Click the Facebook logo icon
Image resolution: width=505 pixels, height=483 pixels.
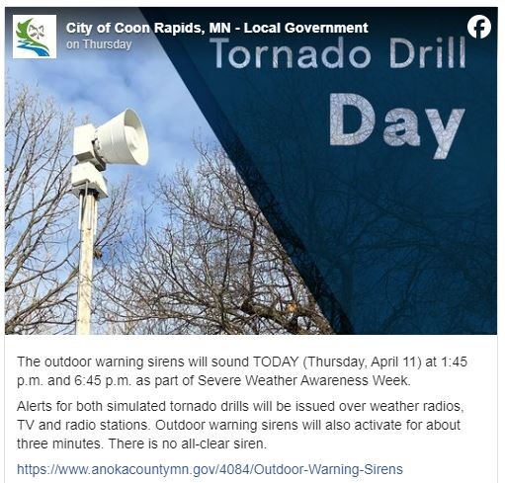click(x=479, y=27)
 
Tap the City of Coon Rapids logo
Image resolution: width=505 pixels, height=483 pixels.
click(x=35, y=37)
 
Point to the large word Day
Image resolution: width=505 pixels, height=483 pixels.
click(x=397, y=124)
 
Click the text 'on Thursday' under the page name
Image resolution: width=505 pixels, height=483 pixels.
click(x=99, y=44)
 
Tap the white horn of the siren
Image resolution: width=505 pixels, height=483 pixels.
click(x=123, y=136)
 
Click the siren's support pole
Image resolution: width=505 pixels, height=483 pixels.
click(x=86, y=263)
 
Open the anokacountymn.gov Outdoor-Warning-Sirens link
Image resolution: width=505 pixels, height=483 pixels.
click(x=210, y=469)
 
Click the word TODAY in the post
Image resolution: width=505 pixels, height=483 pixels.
click(x=276, y=362)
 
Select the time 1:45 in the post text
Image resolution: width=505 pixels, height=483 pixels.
click(x=454, y=362)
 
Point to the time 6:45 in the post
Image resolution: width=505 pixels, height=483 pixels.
click(x=88, y=380)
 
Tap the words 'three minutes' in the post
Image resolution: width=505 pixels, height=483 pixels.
click(x=58, y=443)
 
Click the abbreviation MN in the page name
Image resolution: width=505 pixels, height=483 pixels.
click(x=220, y=28)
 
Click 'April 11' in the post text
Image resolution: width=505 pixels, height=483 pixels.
click(x=396, y=362)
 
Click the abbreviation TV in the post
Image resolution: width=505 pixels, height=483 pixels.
click(x=26, y=425)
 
